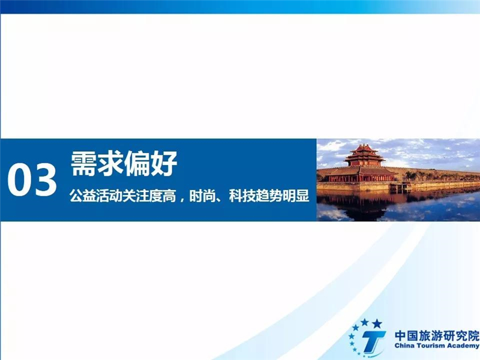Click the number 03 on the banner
[x=32, y=180]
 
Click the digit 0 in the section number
[x=19, y=180]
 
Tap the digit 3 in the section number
[x=44, y=180]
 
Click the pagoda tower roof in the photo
[x=364, y=152]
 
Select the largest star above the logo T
[x=377, y=323]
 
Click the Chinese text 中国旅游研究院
[x=437, y=336]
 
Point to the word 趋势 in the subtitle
[x=269, y=196]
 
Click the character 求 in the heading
[x=111, y=163]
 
